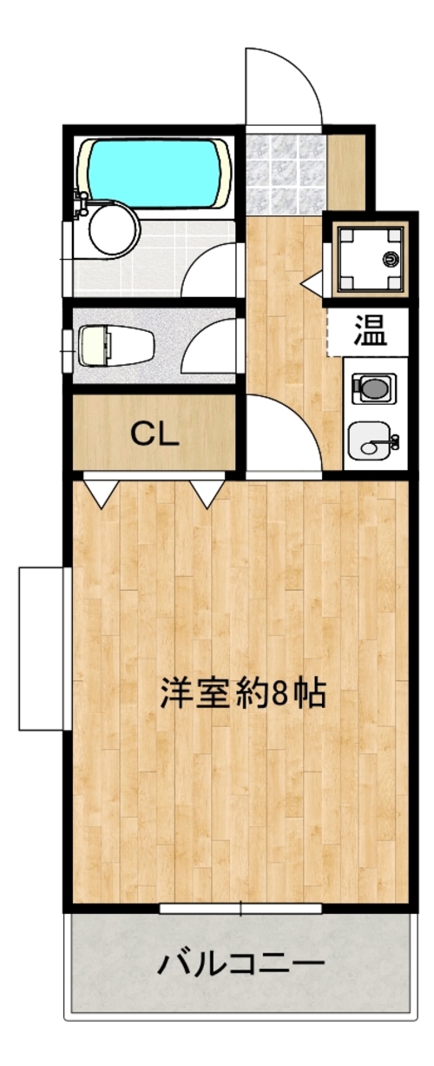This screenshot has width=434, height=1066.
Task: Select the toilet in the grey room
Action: coord(116,345)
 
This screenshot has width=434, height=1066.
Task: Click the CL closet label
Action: coord(155,434)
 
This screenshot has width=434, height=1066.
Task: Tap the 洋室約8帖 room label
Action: coord(243,694)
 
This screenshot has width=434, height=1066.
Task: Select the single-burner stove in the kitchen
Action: coord(373,387)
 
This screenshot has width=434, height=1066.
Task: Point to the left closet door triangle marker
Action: coord(101,492)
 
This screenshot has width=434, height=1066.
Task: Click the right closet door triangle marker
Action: coord(207,492)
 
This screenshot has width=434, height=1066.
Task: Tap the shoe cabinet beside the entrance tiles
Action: coord(346,172)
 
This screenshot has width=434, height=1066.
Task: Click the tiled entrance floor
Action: coord(286,174)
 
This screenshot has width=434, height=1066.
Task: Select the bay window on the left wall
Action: coord(44,648)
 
